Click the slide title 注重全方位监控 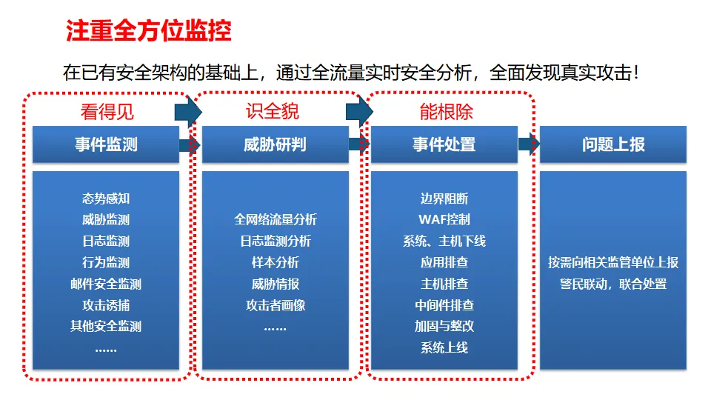(149, 31)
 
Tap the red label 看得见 (107, 112)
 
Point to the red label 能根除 (446, 112)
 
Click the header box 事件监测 (106, 144)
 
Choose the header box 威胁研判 (275, 144)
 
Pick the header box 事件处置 (444, 144)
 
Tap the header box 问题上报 (613, 144)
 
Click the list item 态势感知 (106, 199)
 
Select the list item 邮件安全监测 (106, 284)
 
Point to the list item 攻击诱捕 (106, 305)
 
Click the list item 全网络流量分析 (276, 219)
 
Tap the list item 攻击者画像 (276, 305)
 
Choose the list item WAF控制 (444, 219)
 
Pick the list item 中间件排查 (444, 305)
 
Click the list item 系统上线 (444, 347)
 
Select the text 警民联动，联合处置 (613, 284)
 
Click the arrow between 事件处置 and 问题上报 (528, 144)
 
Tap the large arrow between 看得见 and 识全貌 (188, 111)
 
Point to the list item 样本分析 (276, 262)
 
